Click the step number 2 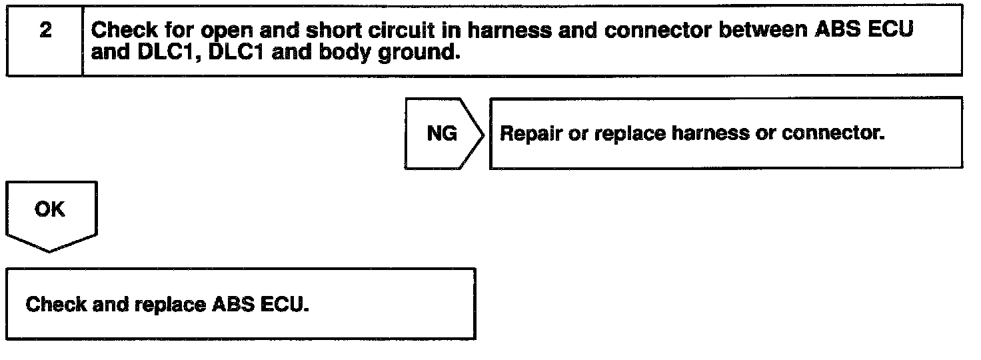pos(45,31)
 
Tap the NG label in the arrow pos(442,133)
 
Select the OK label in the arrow pos(50,209)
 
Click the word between pos(760,31)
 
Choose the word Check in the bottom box pos(56,305)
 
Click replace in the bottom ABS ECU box pos(170,305)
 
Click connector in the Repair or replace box pos(833,133)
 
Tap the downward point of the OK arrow pos(50,251)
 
